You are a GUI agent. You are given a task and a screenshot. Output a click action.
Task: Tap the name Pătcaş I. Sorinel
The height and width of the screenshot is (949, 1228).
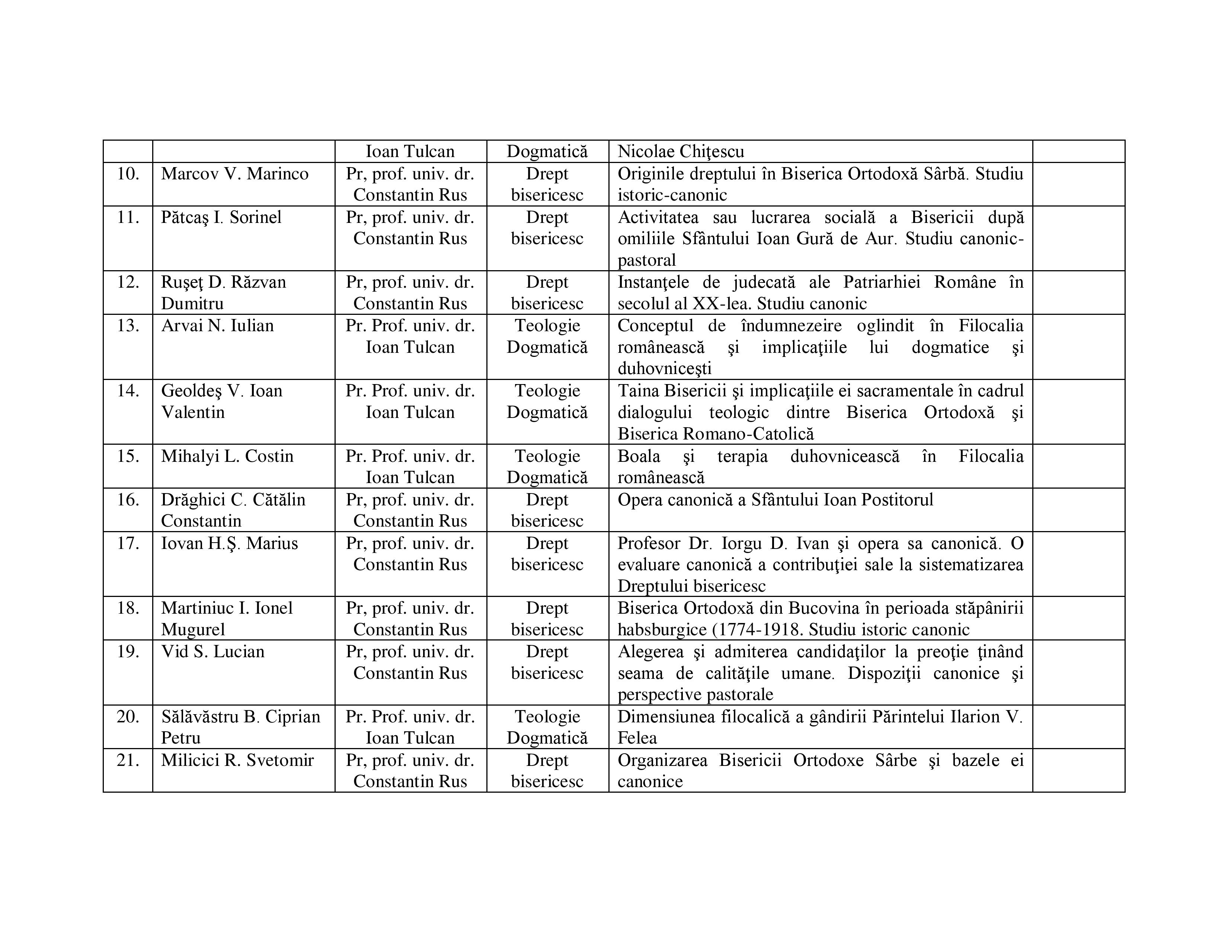221,218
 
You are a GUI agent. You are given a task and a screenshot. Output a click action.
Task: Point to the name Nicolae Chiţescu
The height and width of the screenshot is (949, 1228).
680,152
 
